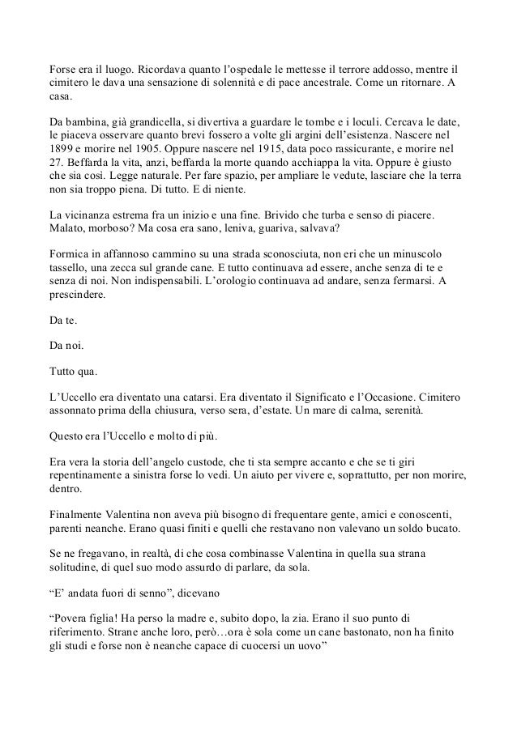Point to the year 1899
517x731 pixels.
pos(62,150)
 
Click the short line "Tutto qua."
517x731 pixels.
pos(73,372)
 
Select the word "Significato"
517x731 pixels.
pos(341,399)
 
